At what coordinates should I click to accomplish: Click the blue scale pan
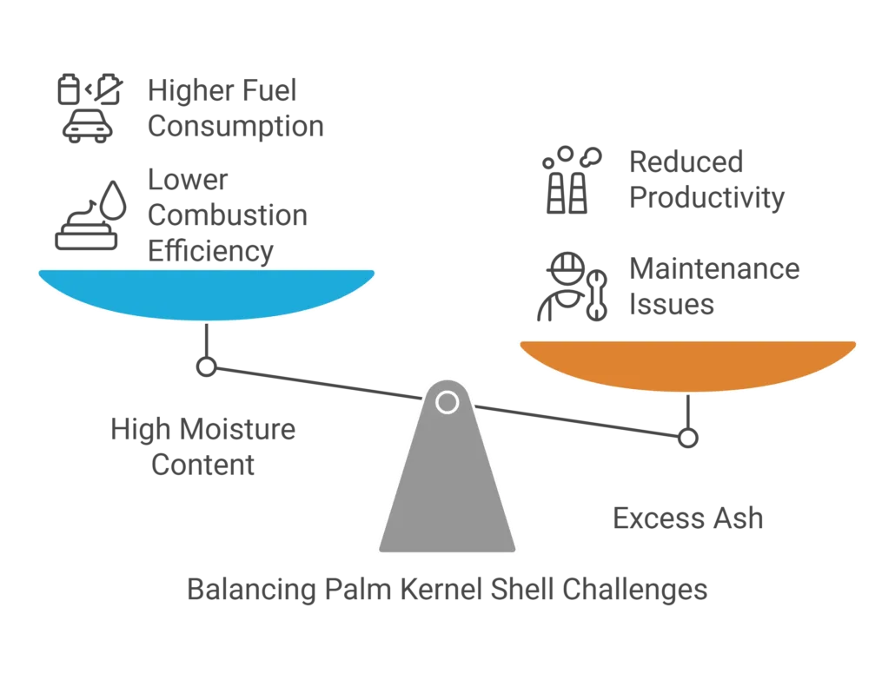(207, 293)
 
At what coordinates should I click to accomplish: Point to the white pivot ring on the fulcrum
(447, 402)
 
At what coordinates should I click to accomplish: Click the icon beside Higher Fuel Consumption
(85, 107)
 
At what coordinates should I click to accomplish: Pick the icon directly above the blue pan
(89, 217)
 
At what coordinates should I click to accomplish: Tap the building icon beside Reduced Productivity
(569, 178)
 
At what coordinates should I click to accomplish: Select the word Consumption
(235, 127)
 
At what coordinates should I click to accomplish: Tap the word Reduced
(685, 161)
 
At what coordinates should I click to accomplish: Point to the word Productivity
(705, 197)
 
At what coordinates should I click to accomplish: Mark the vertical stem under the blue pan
(206, 347)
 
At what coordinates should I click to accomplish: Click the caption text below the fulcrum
(447, 591)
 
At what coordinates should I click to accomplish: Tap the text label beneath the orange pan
(687, 519)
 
